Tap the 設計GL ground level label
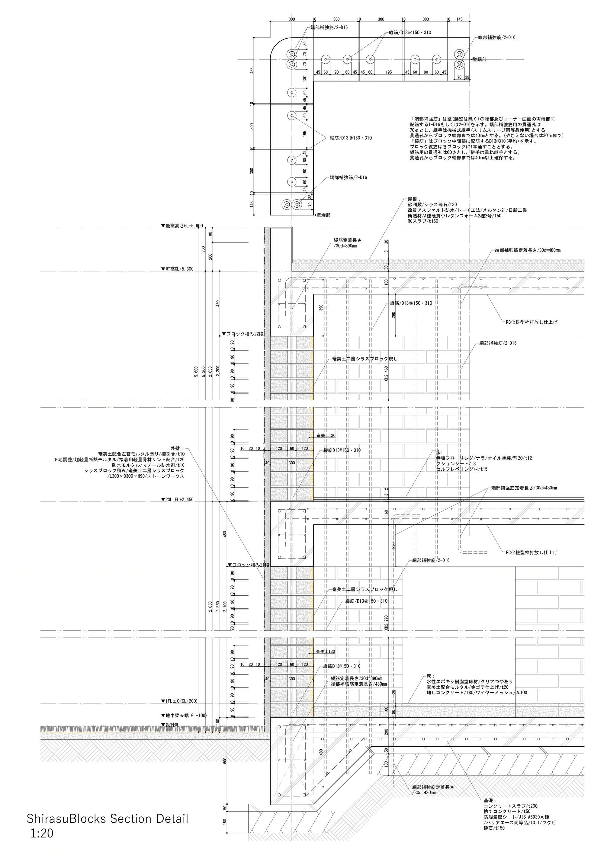tap(170, 725)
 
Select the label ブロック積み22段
tap(243, 334)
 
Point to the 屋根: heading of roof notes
tap(414, 200)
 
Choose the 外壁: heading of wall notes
tap(177, 448)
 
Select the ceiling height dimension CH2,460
tap(386, 373)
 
